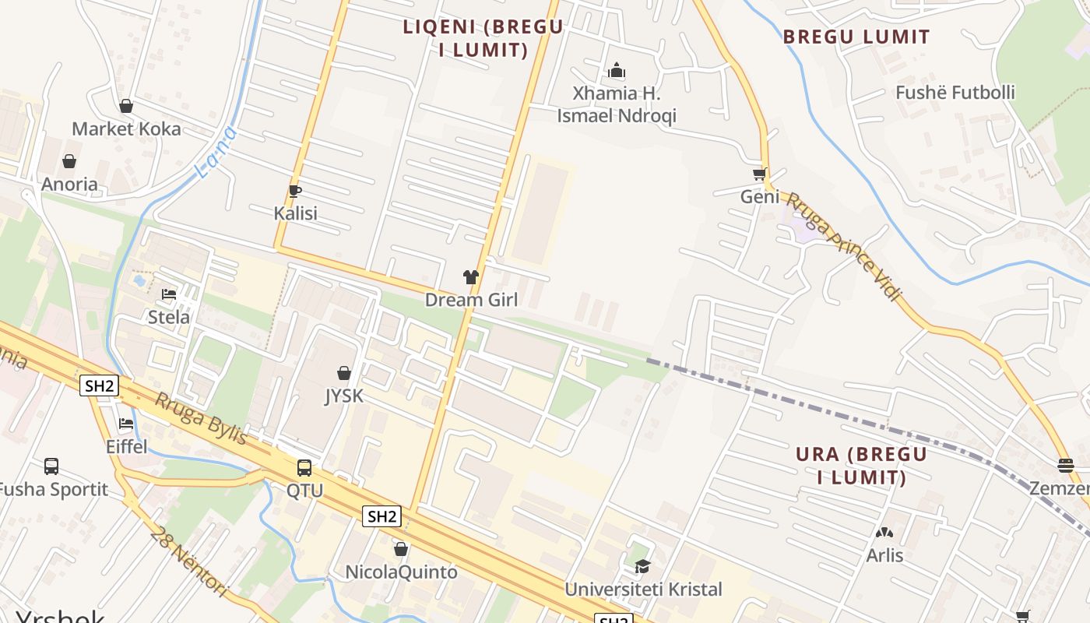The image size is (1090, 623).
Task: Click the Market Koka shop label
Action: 126,128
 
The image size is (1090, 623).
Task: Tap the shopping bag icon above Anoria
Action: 69,161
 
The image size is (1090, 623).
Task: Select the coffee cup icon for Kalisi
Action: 295,191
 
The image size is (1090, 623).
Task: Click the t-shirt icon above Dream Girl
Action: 470,276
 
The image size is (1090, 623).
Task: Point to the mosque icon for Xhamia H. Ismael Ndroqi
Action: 617,71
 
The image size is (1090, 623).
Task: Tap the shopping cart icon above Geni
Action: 759,174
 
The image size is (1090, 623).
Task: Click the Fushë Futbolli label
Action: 955,93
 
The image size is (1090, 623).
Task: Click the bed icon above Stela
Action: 169,294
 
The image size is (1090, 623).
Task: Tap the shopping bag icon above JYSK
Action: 343,374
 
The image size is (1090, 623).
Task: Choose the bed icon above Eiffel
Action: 126,424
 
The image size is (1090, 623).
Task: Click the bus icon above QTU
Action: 304,468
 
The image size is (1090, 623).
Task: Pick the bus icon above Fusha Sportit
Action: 51,466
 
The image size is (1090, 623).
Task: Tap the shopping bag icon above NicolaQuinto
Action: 401,550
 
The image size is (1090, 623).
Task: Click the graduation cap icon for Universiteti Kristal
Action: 642,567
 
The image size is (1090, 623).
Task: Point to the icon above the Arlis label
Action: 884,533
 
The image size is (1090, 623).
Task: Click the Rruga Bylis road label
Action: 201,419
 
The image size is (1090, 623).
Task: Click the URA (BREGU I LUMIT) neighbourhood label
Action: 861,465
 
